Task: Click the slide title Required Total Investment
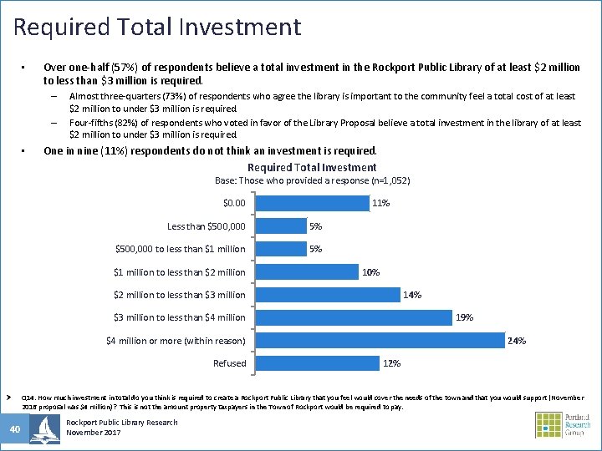pyautogui.click(x=157, y=27)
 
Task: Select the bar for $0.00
pyautogui.click(x=311, y=203)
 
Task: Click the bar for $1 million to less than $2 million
pyautogui.click(x=306, y=271)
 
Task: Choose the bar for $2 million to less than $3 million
pyautogui.click(x=327, y=294)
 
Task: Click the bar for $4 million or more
pyautogui.click(x=380, y=340)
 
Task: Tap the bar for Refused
pyautogui.click(x=317, y=362)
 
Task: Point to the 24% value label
pyautogui.click(x=517, y=341)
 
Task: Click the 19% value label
pyautogui.click(x=464, y=317)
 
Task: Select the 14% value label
pyautogui.click(x=412, y=295)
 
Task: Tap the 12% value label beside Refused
pyautogui.click(x=391, y=363)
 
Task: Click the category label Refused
pyautogui.click(x=229, y=363)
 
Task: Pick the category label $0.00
pyautogui.click(x=234, y=203)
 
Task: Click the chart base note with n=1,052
pyautogui.click(x=313, y=180)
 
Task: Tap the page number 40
pyautogui.click(x=15, y=429)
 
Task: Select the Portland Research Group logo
pyautogui.click(x=564, y=424)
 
